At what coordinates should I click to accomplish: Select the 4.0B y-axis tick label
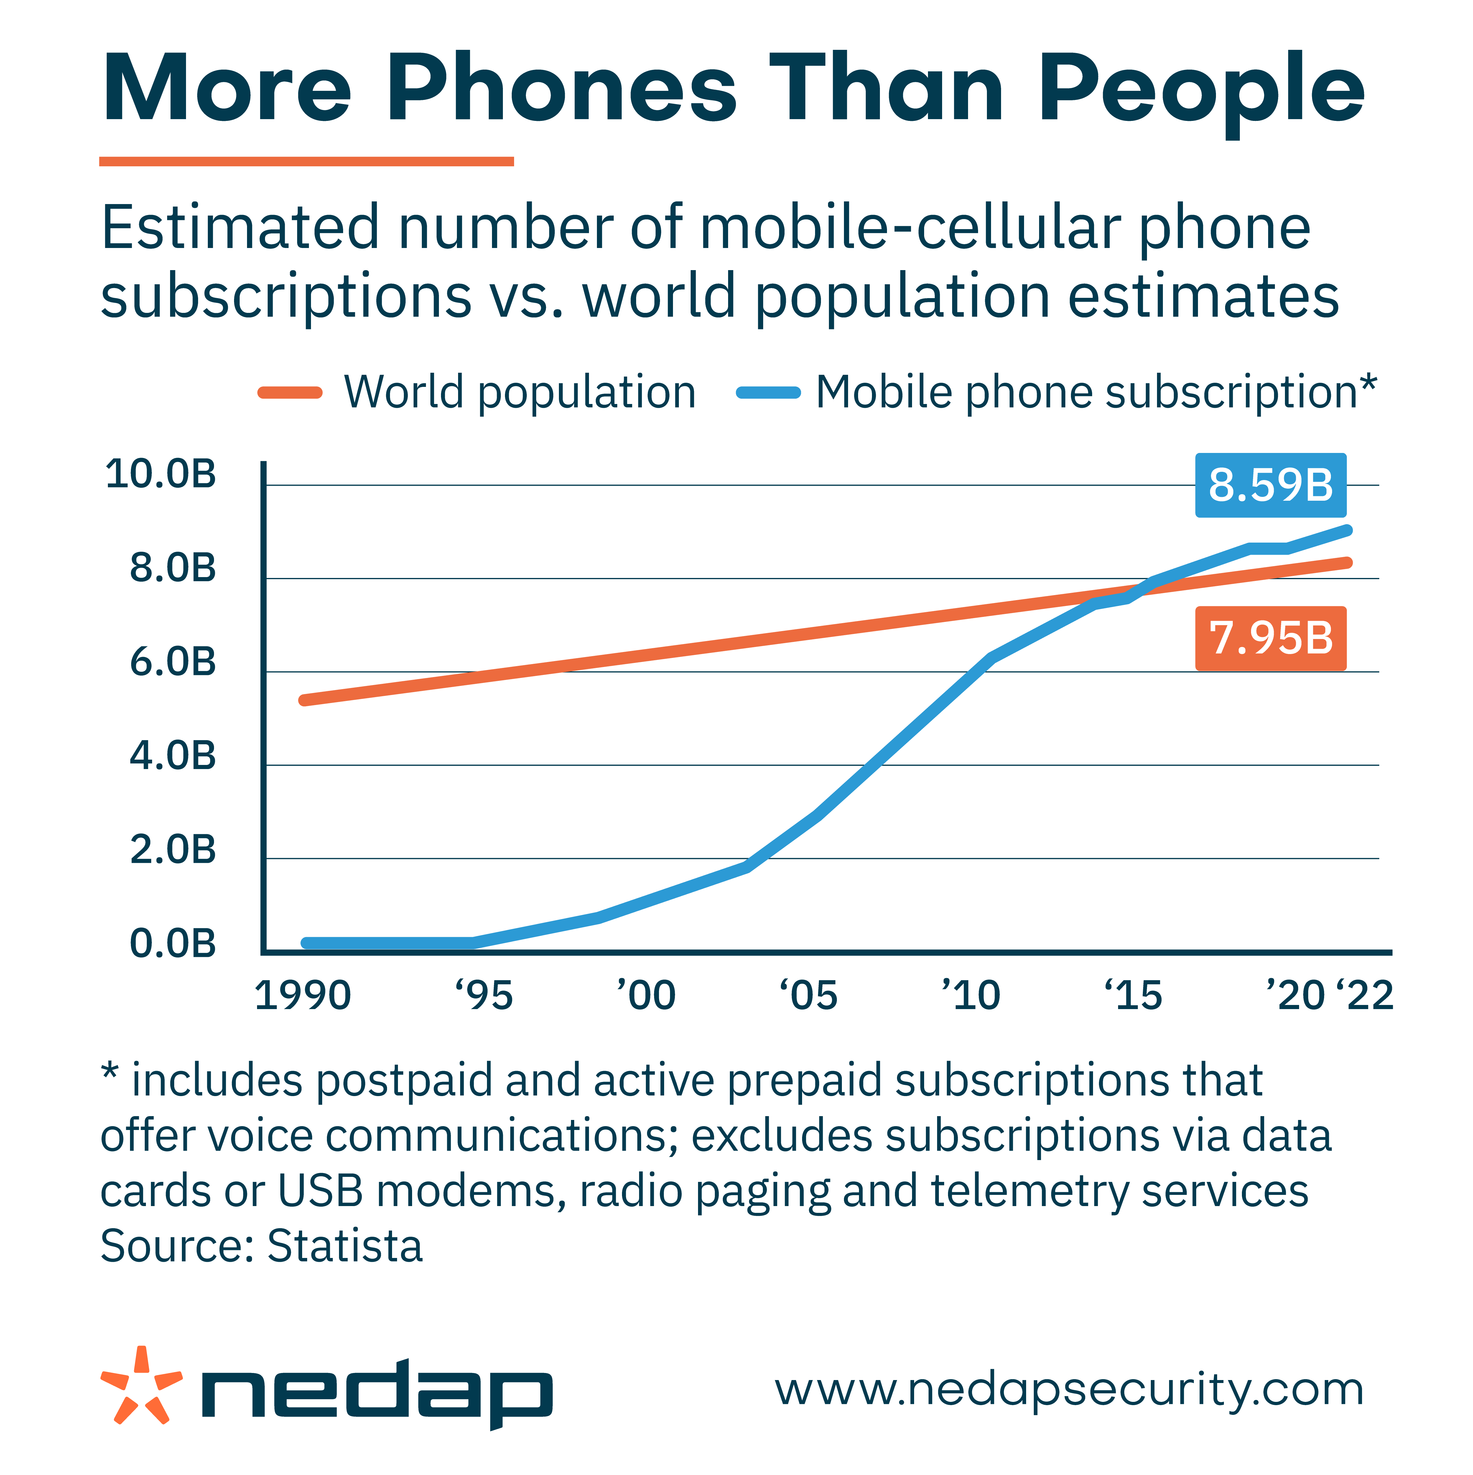pyautogui.click(x=173, y=756)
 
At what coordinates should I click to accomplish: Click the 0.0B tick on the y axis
pyautogui.click(x=173, y=944)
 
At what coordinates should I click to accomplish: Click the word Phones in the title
pyautogui.click(x=562, y=88)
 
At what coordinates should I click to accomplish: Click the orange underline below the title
pyautogui.click(x=306, y=161)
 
